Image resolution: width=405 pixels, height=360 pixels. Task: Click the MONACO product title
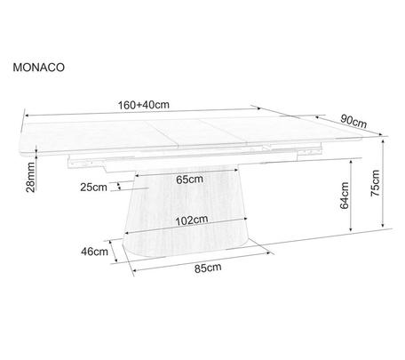pyautogui.click(x=38, y=68)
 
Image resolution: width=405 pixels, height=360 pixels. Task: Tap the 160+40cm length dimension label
pyautogui.click(x=144, y=105)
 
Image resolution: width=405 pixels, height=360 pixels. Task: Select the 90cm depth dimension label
pyautogui.click(x=353, y=121)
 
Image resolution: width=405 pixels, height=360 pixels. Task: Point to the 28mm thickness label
pyautogui.click(x=30, y=177)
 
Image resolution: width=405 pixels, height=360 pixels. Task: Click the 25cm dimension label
pyautogui.click(x=93, y=188)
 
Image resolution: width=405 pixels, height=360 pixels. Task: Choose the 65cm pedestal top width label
pyautogui.click(x=189, y=180)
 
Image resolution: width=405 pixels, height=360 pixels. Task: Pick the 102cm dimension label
pyautogui.click(x=192, y=220)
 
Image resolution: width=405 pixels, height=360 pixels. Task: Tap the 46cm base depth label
pyautogui.click(x=94, y=252)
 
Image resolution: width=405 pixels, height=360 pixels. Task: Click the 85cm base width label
pyautogui.click(x=208, y=268)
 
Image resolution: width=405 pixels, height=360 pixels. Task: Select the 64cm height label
pyautogui.click(x=345, y=196)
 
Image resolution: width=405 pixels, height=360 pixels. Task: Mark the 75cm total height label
pyautogui.click(x=375, y=183)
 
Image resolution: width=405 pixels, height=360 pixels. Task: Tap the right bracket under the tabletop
pyautogui.click(x=309, y=151)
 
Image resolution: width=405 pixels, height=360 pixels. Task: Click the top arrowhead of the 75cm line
pyautogui.click(x=383, y=141)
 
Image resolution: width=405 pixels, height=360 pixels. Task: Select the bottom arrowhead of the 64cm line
pyautogui.click(x=351, y=228)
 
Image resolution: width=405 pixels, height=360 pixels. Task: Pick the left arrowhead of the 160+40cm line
pyautogui.click(x=27, y=116)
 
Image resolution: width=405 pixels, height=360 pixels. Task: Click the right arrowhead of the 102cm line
pyautogui.click(x=244, y=219)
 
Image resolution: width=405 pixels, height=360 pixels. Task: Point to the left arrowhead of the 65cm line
pyautogui.click(x=138, y=175)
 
